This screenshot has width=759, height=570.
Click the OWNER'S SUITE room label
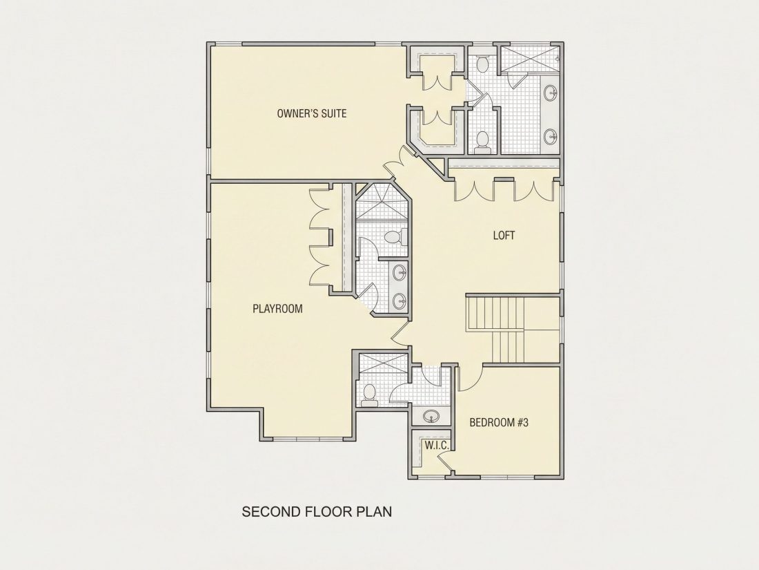[312, 113]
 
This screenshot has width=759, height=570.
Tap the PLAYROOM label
[277, 309]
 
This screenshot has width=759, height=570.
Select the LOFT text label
[504, 236]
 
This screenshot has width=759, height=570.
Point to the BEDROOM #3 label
[499, 422]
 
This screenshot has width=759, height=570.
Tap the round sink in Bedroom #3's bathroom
[430, 416]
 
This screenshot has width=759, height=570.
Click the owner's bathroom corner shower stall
[529, 58]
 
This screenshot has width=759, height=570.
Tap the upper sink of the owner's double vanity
[551, 93]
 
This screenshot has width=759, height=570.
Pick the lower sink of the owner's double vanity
[551, 136]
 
